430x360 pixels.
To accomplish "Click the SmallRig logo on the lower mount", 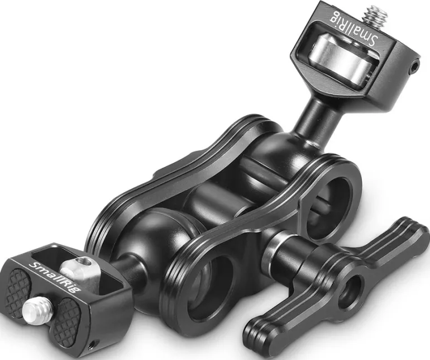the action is [54, 277].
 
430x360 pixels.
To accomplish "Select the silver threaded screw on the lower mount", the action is [36, 310].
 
